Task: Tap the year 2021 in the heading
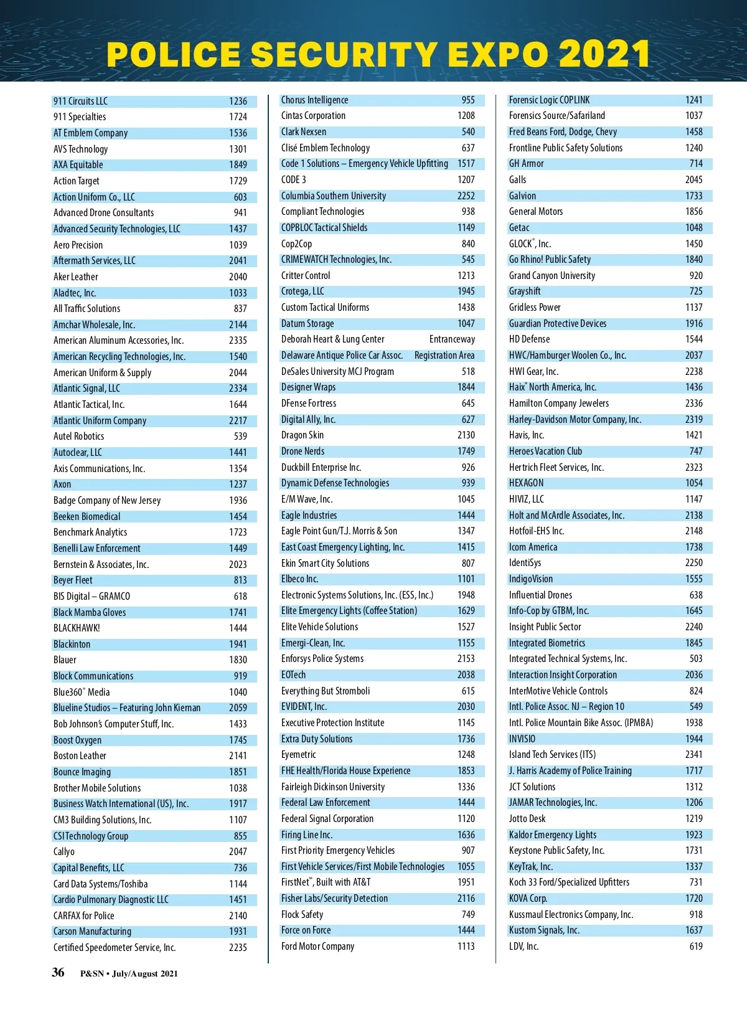click(604, 54)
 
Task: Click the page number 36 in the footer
click(58, 972)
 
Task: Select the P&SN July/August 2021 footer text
click(129, 974)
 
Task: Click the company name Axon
click(62, 484)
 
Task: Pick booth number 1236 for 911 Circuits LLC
click(238, 101)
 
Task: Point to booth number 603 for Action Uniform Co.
click(240, 197)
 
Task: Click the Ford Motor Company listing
click(317, 946)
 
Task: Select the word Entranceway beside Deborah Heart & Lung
click(452, 339)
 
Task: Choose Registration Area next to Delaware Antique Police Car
click(444, 355)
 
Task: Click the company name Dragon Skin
click(303, 435)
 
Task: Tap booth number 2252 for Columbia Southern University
click(466, 196)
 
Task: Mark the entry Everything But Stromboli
click(326, 691)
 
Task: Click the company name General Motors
click(536, 211)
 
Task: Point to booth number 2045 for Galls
click(693, 179)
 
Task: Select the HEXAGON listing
click(526, 483)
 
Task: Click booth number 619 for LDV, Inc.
click(696, 946)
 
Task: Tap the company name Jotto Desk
click(527, 818)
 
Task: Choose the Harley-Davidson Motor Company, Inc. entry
click(575, 419)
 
